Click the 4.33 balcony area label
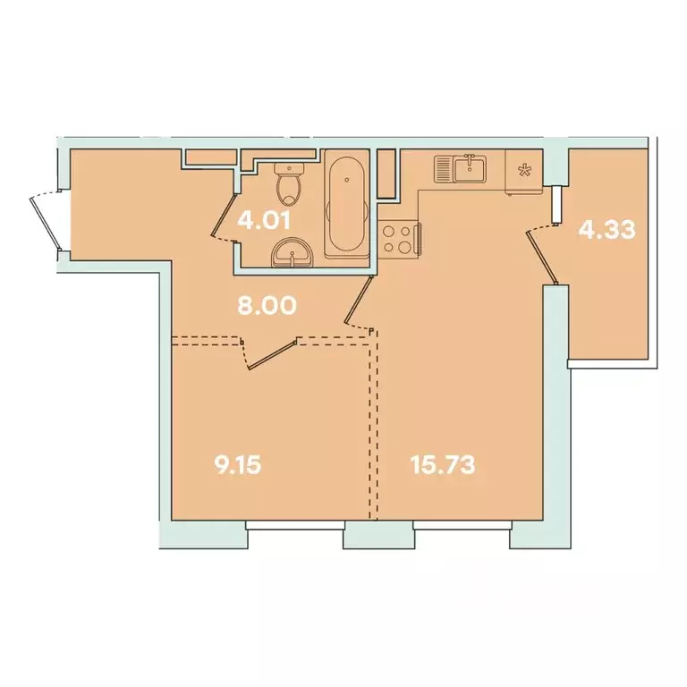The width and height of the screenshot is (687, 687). [606, 230]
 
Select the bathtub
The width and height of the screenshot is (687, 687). [344, 206]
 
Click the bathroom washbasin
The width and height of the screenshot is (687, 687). [292, 253]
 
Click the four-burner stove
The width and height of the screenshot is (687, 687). [397, 239]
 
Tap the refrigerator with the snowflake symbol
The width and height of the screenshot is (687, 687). [522, 171]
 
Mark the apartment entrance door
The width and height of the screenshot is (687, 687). [42, 220]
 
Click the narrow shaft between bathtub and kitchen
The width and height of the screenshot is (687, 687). [386, 174]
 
